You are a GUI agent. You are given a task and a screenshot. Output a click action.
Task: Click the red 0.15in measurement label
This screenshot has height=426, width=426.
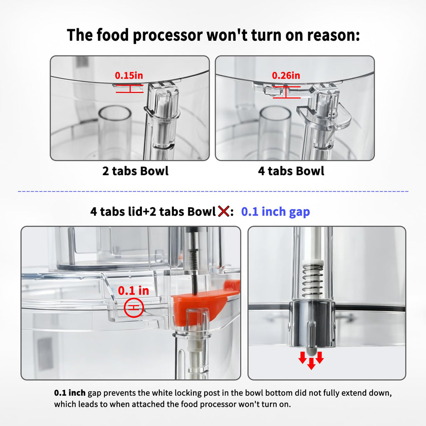tap(129, 75)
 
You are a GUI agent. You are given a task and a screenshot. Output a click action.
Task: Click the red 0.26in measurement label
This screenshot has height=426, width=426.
tap(286, 75)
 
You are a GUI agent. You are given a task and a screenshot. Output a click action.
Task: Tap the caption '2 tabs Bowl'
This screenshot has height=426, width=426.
tap(135, 171)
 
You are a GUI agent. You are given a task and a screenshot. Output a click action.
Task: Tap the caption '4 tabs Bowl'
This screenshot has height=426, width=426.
tap(291, 171)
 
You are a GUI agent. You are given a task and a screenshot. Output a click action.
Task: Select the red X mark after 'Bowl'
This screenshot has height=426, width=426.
tap(223, 211)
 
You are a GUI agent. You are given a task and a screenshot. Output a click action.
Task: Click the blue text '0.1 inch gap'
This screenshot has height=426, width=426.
tap(275, 212)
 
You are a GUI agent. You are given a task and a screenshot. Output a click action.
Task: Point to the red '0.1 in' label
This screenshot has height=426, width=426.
tap(134, 291)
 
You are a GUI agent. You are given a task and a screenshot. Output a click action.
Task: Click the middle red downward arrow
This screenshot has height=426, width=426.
tap(311, 364)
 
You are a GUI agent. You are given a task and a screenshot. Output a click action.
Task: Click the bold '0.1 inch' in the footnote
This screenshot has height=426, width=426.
tap(69, 393)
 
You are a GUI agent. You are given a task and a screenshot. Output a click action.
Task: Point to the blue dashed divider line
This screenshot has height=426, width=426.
tap(213, 191)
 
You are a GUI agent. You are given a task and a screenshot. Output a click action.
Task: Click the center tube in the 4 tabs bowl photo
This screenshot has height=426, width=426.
tap(275, 132)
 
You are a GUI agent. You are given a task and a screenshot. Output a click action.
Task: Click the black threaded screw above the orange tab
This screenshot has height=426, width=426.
tap(193, 261)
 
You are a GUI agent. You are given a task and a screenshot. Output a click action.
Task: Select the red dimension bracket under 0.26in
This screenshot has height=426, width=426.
tap(286, 92)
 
